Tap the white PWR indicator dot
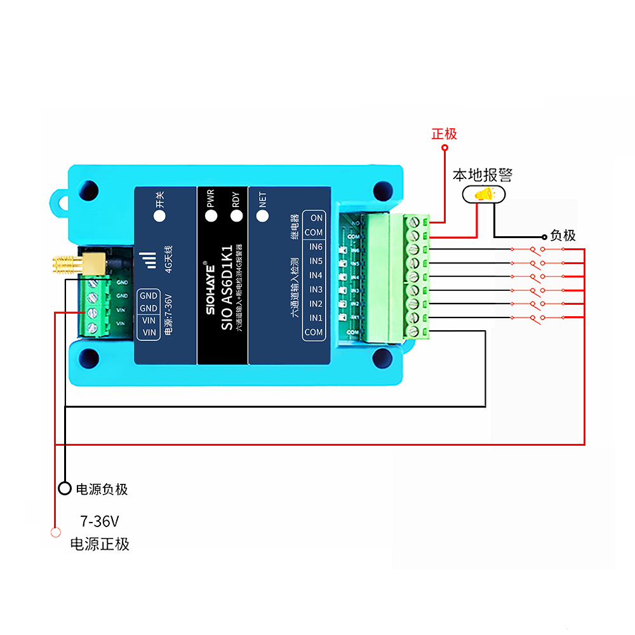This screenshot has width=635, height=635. (x=211, y=216)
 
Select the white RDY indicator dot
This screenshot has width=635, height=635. (x=237, y=216)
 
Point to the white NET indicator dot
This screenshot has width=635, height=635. (x=262, y=216)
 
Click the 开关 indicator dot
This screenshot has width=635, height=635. (x=160, y=216)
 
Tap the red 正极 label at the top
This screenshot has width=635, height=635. (x=444, y=134)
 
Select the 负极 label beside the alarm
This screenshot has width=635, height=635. (x=563, y=236)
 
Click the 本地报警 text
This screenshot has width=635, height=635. (x=482, y=175)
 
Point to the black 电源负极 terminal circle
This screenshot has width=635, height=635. (x=64, y=488)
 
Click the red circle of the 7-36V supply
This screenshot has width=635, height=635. (x=55, y=532)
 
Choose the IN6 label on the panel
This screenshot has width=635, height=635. (x=316, y=247)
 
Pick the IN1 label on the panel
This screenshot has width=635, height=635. (x=316, y=317)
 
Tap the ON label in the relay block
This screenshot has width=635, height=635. (x=316, y=218)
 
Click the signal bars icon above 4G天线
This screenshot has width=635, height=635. (x=147, y=260)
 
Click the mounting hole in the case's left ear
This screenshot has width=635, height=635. (x=60, y=203)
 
